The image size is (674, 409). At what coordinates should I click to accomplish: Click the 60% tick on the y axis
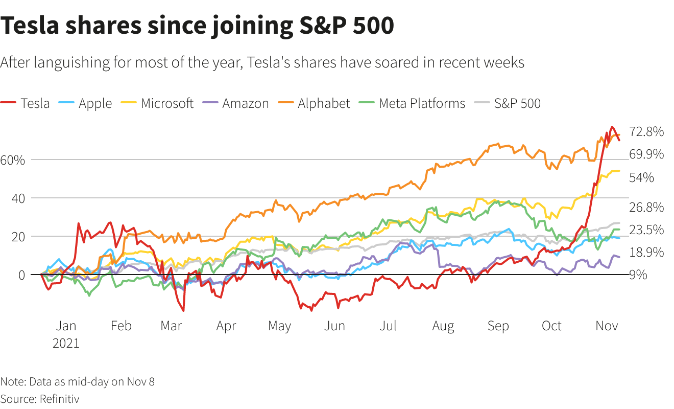tap(13, 160)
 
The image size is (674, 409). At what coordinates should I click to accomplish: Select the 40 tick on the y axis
tap(18, 198)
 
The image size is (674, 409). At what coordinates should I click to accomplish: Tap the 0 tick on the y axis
tap(22, 275)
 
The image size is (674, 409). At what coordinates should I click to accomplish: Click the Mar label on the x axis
tap(171, 326)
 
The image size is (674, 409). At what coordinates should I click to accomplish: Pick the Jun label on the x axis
tap(334, 326)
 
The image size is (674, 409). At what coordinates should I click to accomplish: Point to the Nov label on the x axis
tap(607, 326)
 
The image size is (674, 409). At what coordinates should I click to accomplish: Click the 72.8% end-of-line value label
tap(647, 132)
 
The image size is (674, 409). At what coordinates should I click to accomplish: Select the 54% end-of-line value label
tap(641, 178)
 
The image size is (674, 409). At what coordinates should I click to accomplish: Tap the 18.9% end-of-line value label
tap(647, 252)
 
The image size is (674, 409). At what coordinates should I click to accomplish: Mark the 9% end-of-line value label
tap(638, 275)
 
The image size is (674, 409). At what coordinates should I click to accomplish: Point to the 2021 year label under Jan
tap(66, 343)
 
